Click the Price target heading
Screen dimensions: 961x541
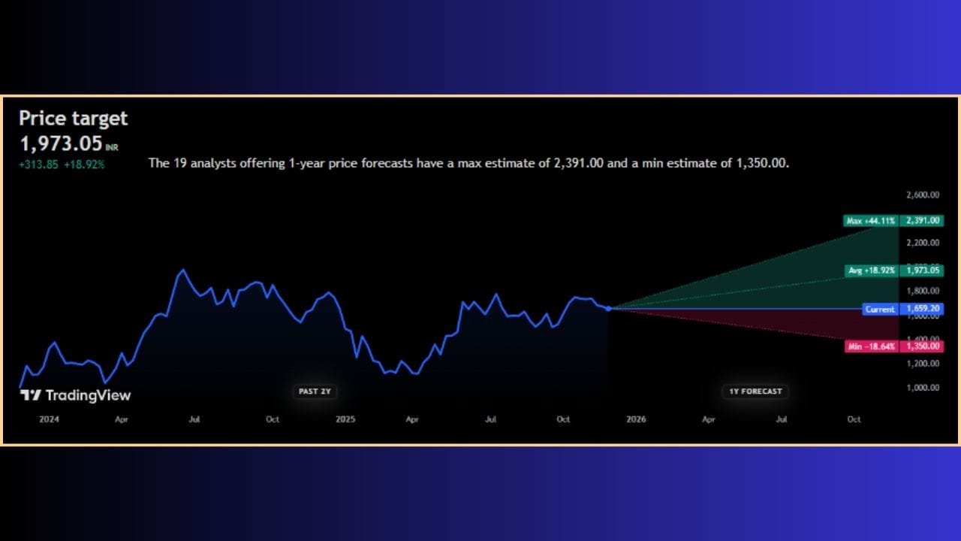(74, 119)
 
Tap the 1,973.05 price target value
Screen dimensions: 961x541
(62, 144)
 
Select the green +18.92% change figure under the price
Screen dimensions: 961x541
(84, 165)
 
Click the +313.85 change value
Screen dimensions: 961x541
(38, 165)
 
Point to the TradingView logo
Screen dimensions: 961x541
(76, 395)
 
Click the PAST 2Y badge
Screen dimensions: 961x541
(315, 391)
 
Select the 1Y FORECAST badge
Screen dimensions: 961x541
(755, 391)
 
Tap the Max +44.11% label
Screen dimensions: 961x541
(871, 221)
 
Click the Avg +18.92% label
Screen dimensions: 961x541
(872, 270)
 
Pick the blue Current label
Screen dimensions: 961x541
(881, 309)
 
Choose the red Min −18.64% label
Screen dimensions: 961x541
(872, 346)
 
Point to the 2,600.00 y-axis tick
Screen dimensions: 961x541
(923, 195)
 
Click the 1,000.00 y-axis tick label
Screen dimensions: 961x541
(923, 388)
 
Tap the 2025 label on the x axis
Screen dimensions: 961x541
(345, 419)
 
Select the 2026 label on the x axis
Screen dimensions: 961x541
(636, 419)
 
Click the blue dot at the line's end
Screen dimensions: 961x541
(608, 309)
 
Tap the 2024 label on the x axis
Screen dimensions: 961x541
(49, 419)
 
